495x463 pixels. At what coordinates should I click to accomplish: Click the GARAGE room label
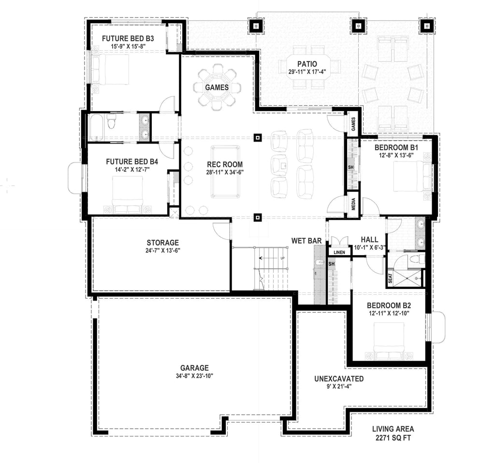coord(195,367)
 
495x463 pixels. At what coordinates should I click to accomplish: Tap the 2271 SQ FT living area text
coord(393,438)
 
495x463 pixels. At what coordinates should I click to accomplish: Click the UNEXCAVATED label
coord(338,379)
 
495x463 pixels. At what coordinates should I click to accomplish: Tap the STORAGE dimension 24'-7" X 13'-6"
coord(163,250)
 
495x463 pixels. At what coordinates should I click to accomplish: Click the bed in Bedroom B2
coord(390,341)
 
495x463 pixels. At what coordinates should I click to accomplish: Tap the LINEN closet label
coord(339,252)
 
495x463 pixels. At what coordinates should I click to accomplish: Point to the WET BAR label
coord(304,240)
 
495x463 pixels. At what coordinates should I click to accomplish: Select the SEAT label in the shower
coord(390,279)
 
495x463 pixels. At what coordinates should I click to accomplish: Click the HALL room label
coord(369,239)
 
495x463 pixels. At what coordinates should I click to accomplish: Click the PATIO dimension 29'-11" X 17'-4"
coord(307,72)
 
